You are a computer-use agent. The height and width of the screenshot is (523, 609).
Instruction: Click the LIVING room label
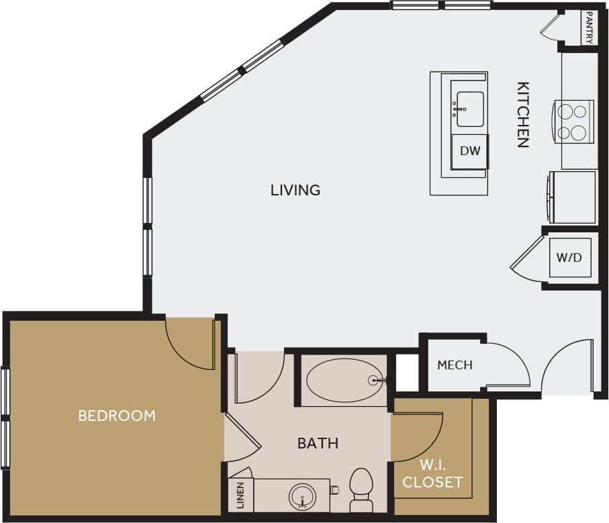pyautogui.click(x=295, y=190)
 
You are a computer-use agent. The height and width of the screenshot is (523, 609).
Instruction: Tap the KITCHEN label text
pyautogui.click(x=523, y=114)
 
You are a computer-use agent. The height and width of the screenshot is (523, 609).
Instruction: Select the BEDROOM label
pyautogui.click(x=117, y=416)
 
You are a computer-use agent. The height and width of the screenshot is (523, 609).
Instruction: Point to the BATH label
pyautogui.click(x=318, y=443)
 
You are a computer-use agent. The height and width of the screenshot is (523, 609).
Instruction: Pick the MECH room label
pyautogui.click(x=455, y=365)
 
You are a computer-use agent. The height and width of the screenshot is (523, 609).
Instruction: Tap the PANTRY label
pyautogui.click(x=589, y=28)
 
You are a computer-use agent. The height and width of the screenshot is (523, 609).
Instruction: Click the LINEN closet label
pyautogui.click(x=240, y=495)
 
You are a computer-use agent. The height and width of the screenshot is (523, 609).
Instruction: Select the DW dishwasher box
pyautogui.click(x=470, y=151)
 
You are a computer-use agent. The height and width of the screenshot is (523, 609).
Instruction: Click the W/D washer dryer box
pyautogui.click(x=569, y=256)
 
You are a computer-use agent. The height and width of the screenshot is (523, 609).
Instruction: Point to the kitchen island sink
pyautogui.click(x=469, y=109)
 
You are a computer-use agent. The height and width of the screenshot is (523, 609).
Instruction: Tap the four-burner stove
pyautogui.click(x=573, y=121)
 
